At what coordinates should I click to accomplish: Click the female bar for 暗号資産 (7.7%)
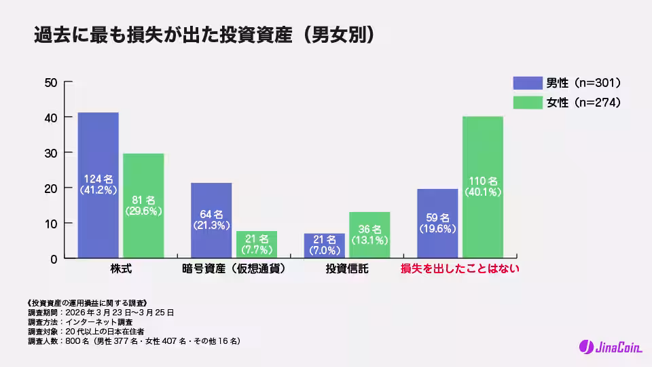(x=257, y=245)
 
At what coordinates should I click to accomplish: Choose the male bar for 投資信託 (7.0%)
(x=325, y=245)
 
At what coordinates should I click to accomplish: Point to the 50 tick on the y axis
(x=50, y=82)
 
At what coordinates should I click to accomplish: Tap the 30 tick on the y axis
(x=50, y=153)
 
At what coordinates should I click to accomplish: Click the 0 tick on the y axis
(x=53, y=259)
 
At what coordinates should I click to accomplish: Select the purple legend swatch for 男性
(x=527, y=83)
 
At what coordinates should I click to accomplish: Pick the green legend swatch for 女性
(x=527, y=103)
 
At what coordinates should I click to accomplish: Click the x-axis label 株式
(x=120, y=269)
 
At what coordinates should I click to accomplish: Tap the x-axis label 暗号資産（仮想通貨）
(x=234, y=269)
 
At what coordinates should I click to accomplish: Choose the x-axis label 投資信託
(x=347, y=269)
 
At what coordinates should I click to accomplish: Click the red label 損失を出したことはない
(x=460, y=269)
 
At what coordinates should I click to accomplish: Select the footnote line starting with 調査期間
(x=101, y=313)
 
